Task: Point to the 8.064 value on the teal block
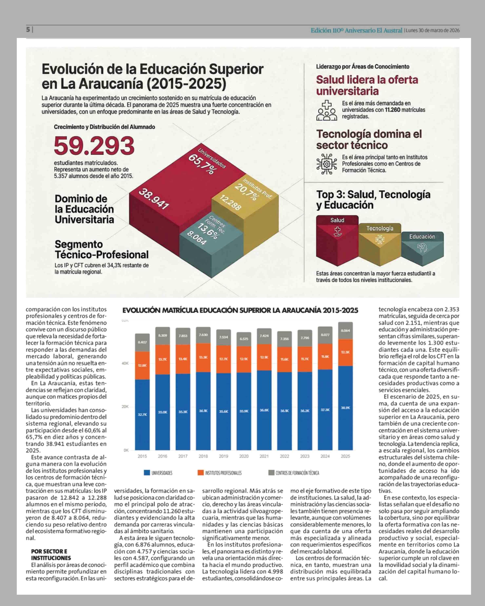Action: point(197,238)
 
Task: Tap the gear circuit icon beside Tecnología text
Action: point(326,164)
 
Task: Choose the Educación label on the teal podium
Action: point(422,237)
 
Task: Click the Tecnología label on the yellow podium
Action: point(380,228)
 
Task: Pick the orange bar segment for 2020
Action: point(244,359)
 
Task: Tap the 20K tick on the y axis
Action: point(125,406)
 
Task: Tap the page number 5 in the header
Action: point(28,29)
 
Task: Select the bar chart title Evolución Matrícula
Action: point(240,310)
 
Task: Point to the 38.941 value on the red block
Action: point(154,199)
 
